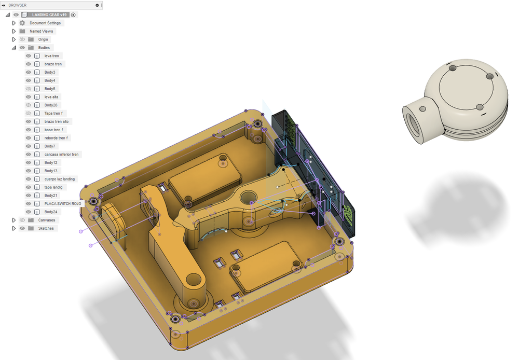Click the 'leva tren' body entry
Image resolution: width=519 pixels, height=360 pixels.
click(51, 56)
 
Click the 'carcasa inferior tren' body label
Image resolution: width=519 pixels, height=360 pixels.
click(61, 155)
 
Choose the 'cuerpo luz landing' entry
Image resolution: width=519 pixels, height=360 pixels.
click(59, 179)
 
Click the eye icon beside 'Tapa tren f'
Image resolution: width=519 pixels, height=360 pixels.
click(29, 113)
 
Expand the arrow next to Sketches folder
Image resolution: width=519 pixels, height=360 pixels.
click(14, 228)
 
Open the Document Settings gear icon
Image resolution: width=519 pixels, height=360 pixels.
click(22, 23)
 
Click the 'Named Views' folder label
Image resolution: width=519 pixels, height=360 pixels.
click(41, 31)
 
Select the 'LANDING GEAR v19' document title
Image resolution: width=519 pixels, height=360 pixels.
click(49, 15)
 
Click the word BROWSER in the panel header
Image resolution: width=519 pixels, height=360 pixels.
click(17, 5)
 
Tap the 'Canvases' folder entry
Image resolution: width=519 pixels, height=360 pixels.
click(47, 220)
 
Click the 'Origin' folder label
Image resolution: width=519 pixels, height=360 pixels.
click(43, 39)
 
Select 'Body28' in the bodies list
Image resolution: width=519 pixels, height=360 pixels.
click(50, 105)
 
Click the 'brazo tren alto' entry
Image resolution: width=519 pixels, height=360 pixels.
click(56, 121)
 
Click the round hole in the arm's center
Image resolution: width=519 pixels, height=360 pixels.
click(248, 196)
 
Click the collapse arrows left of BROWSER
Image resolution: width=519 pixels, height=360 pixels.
click(4, 5)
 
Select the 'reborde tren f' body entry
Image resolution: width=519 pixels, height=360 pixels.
click(56, 138)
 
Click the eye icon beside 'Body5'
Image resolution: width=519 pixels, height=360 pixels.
click(29, 89)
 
